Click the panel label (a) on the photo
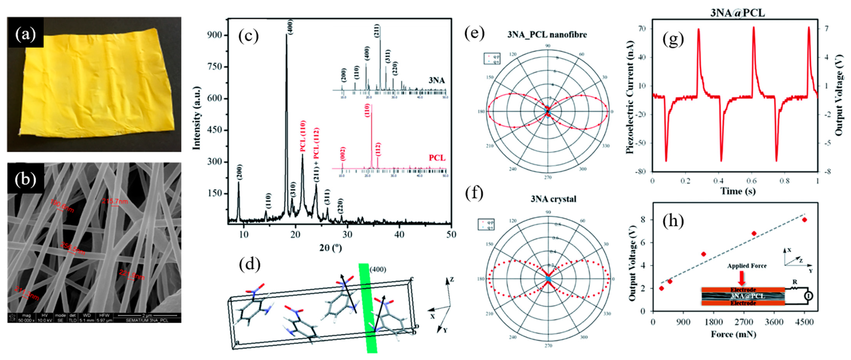25,33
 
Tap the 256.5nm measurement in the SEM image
73,248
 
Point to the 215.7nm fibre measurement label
115,201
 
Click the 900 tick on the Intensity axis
214,35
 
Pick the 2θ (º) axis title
330,248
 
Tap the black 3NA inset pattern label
436,80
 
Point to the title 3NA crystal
553,199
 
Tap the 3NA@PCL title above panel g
737,13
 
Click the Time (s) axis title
738,191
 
